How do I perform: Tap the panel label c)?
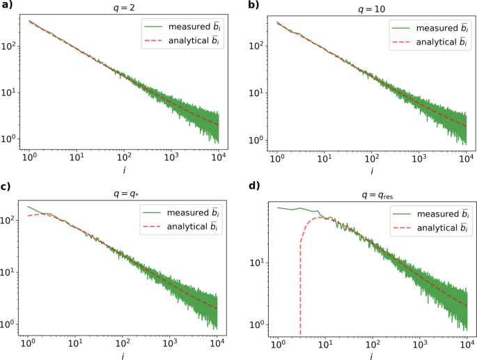tap(6, 186)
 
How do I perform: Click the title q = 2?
tap(122, 9)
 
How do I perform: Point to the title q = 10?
tap(371, 9)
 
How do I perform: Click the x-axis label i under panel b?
tap(371, 171)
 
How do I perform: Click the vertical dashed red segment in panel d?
tap(300, 292)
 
